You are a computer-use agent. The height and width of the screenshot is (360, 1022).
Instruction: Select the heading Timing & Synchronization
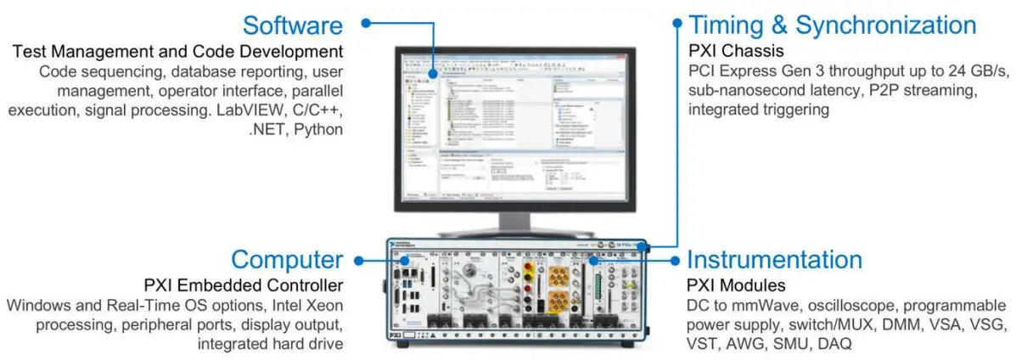coord(832,25)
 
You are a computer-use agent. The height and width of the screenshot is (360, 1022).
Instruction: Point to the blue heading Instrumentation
coord(774,259)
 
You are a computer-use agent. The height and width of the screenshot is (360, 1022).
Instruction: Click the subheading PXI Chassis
coord(736,50)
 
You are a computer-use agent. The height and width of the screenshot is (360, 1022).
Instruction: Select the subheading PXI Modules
coord(736,284)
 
